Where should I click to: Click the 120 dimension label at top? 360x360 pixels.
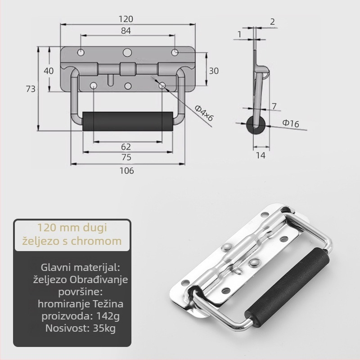pos(126,19)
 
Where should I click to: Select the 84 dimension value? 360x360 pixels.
pos(126,31)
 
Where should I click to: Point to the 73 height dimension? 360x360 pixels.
pos(31,89)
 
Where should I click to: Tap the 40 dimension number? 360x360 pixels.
pos(49,71)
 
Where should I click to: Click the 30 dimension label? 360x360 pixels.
pos(213,71)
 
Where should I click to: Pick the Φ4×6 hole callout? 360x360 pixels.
pos(204,113)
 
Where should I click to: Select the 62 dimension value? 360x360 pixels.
pos(126,147)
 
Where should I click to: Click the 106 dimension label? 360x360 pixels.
pos(126,171)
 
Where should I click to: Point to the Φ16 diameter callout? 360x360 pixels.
pos(291,123)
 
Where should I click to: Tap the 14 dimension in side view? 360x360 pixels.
pos(261,155)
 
